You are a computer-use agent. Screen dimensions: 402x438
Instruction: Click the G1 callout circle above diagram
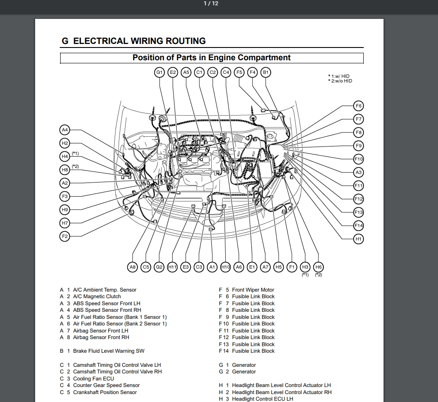coord(159,72)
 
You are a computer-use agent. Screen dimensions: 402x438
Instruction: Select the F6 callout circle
coord(358,106)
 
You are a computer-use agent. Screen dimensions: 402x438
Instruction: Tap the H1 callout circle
coord(358,239)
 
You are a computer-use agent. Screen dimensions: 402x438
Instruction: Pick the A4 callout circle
coord(65,130)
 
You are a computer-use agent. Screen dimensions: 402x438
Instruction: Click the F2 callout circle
coord(65,237)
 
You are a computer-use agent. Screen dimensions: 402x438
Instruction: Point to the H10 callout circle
coord(225,267)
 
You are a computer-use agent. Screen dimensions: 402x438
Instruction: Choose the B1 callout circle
coord(266,72)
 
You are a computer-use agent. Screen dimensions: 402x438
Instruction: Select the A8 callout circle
coord(133,267)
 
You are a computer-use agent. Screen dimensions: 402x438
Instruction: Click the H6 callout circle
coord(319,267)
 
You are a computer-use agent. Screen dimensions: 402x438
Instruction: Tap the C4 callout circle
coord(226,72)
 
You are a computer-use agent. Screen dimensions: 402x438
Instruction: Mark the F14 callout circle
coord(358,226)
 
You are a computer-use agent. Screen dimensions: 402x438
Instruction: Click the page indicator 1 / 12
coord(211,4)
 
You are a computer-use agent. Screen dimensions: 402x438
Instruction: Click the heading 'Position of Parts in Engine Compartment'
coord(211,58)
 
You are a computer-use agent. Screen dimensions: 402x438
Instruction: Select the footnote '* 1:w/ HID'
coord(339,76)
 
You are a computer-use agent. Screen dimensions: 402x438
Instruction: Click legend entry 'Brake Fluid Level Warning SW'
coord(109,351)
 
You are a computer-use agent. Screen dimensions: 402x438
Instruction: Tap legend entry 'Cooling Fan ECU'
coord(93,379)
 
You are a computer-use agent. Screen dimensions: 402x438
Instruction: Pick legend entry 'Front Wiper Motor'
coord(253,290)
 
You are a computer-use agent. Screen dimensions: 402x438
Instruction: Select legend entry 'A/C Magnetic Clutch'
coord(97,296)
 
